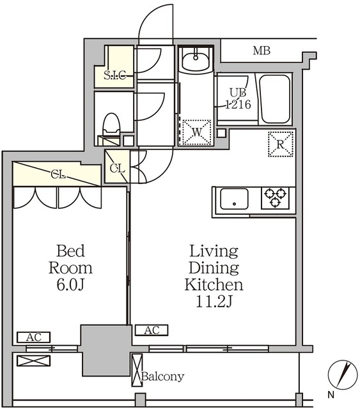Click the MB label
pyautogui.click(x=262, y=50)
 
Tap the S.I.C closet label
pyautogui.click(x=115, y=75)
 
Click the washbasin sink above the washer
pyautogui.click(x=196, y=59)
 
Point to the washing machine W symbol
pyautogui.click(x=197, y=132)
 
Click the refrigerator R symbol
pyautogui.click(x=281, y=144)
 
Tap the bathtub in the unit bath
pyautogui.click(x=276, y=99)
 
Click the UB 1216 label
pyautogui.click(x=238, y=98)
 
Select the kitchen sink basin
pyautogui.click(x=234, y=199)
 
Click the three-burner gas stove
pyautogui.click(x=276, y=198)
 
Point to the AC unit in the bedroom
pyautogui.click(x=34, y=337)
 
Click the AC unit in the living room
pyautogui.click(x=152, y=330)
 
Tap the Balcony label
pyautogui.click(x=162, y=376)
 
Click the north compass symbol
pyautogui.click(x=343, y=374)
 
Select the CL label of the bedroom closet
pyautogui.click(x=58, y=174)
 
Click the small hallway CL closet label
pyautogui.click(x=117, y=169)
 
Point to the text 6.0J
pyautogui.click(x=70, y=285)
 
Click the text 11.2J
pyautogui.click(x=214, y=302)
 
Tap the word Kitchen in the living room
pyautogui.click(x=214, y=285)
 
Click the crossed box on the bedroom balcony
pyautogui.click(x=34, y=360)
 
